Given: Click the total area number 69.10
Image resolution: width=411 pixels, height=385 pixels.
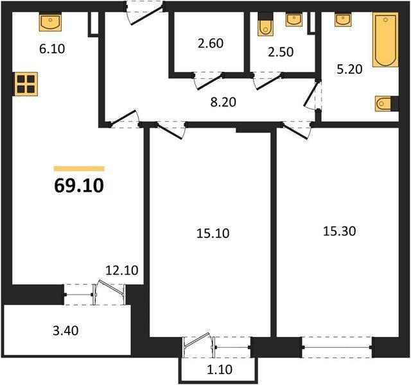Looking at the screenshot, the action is click(x=79, y=185).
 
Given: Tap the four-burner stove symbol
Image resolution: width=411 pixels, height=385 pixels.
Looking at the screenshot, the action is click(x=26, y=84).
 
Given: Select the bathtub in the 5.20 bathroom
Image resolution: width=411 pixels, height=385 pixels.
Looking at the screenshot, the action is click(x=385, y=40).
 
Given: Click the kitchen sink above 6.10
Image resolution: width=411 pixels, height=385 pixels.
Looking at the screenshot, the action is click(x=50, y=22).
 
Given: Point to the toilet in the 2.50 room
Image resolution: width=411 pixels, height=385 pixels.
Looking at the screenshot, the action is click(x=265, y=24).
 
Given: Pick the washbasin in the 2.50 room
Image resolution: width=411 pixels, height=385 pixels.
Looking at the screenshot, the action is click(x=294, y=19).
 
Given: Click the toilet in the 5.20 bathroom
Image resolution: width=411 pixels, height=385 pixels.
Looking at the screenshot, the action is click(x=387, y=104).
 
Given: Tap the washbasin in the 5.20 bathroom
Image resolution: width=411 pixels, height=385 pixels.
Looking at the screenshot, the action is click(x=342, y=19).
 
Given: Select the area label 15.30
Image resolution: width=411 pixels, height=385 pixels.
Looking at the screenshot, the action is click(x=339, y=231).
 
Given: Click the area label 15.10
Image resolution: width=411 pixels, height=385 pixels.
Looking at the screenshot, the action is click(x=213, y=233).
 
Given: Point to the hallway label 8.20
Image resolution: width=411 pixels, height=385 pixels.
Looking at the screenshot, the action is click(x=223, y=102).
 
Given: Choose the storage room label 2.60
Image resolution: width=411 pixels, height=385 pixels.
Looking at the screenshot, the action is click(x=211, y=43).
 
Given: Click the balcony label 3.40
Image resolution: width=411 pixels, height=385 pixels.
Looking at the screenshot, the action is click(x=66, y=330).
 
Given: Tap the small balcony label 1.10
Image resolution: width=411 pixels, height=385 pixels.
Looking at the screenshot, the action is click(x=220, y=370).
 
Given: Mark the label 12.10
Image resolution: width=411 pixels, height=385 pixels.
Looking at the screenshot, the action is click(x=121, y=270).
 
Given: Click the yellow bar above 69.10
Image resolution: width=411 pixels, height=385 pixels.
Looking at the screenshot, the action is click(x=79, y=169).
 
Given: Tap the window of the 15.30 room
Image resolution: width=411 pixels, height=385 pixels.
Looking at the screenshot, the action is click(x=337, y=347).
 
